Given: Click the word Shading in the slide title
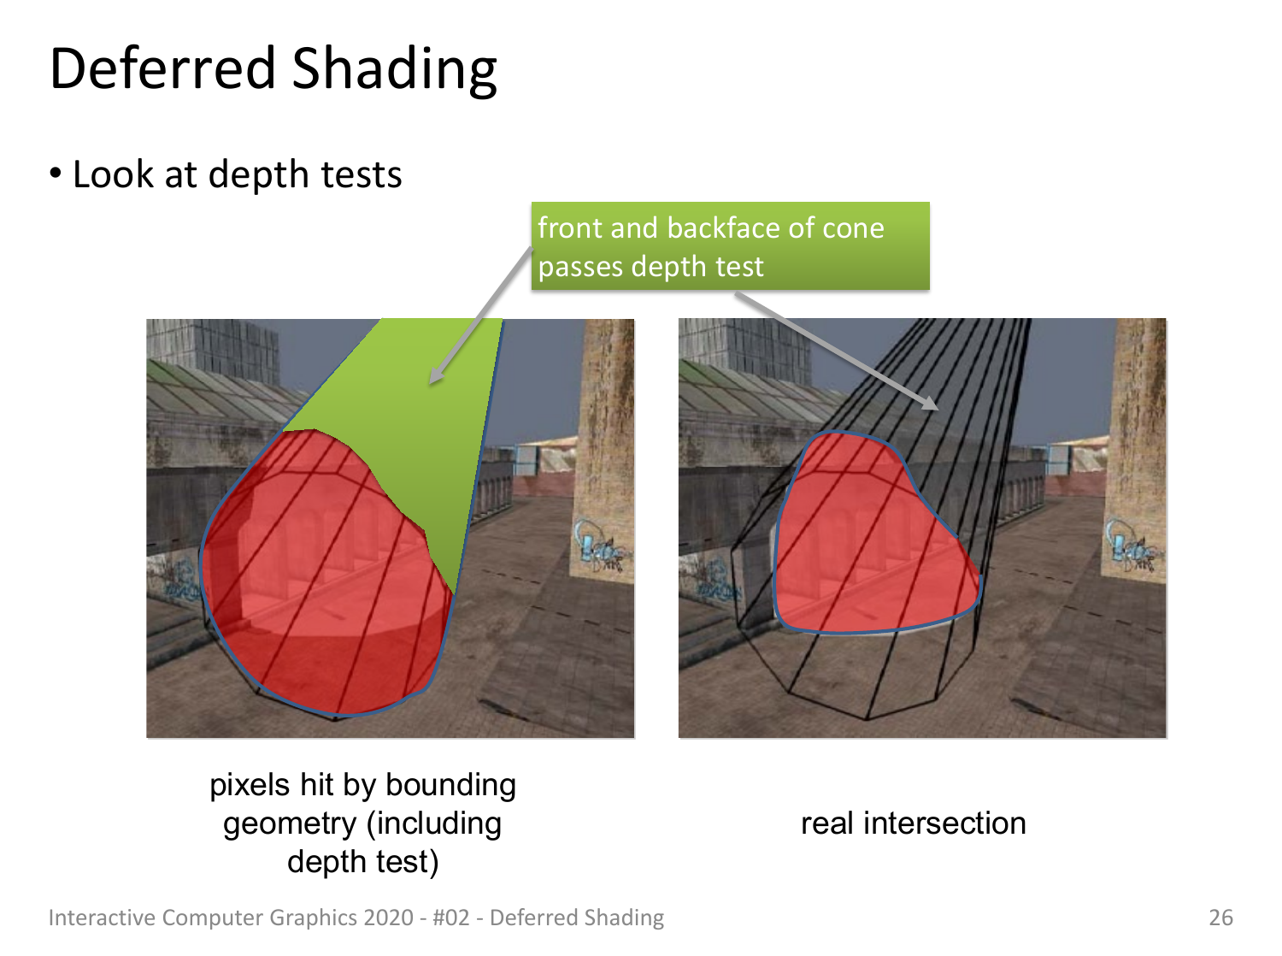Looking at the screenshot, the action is point(394,70).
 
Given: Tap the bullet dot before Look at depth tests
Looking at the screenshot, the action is point(56,173).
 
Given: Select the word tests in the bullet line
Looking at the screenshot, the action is point(362,174).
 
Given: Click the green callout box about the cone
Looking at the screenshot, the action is point(730,245).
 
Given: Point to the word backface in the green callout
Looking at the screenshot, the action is point(723,227).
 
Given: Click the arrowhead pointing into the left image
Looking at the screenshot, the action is point(435,376).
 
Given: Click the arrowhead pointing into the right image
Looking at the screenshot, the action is point(931,403).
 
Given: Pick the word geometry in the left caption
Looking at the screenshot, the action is point(289,824).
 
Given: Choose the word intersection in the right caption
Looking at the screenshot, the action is point(944,823).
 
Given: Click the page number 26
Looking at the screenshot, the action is point(1220,918).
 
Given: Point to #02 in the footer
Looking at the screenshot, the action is point(451,918).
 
